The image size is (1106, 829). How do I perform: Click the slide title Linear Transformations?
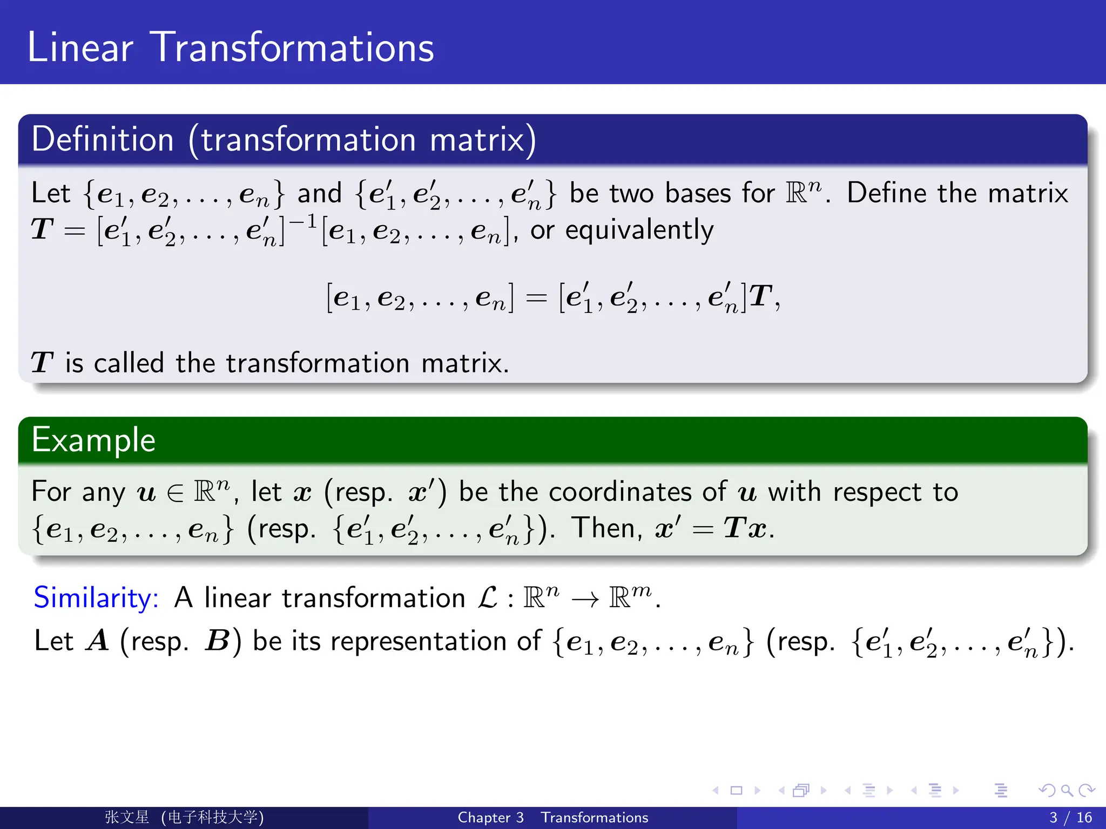point(231,47)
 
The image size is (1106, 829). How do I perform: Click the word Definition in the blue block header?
point(103,139)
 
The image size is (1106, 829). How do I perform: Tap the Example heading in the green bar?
point(93,440)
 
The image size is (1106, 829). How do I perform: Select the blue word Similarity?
point(96,598)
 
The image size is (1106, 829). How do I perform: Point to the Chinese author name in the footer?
point(127,817)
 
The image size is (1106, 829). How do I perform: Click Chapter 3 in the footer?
point(490,818)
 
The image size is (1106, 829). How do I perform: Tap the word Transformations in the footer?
point(594,818)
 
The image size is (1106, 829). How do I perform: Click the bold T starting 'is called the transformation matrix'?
point(42,363)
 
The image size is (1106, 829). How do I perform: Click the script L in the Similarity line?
point(488,598)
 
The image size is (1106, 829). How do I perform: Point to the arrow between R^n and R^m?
point(585,599)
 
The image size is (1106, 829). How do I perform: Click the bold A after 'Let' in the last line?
point(98,642)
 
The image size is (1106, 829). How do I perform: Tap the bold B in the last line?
point(217,642)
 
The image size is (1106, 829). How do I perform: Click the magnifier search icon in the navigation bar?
point(1067,791)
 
